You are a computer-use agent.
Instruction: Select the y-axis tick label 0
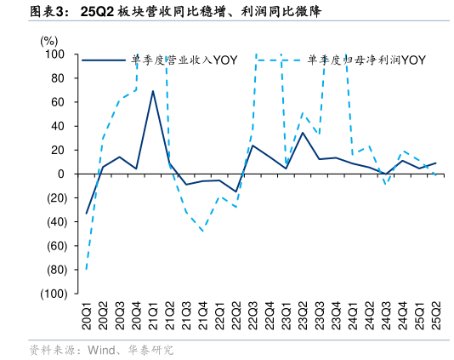coord(62,174)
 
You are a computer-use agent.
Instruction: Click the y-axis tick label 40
coord(59,126)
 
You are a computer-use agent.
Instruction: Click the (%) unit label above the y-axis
coord(49,40)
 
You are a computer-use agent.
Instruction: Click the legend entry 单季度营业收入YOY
coord(183,60)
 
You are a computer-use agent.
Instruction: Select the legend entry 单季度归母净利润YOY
coord(366,60)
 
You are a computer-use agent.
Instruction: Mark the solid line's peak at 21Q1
coord(153,91)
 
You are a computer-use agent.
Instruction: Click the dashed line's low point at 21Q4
coord(202,231)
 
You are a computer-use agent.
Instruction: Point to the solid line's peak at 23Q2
coord(303,132)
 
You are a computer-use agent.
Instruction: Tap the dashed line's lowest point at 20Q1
coord(87,269)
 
